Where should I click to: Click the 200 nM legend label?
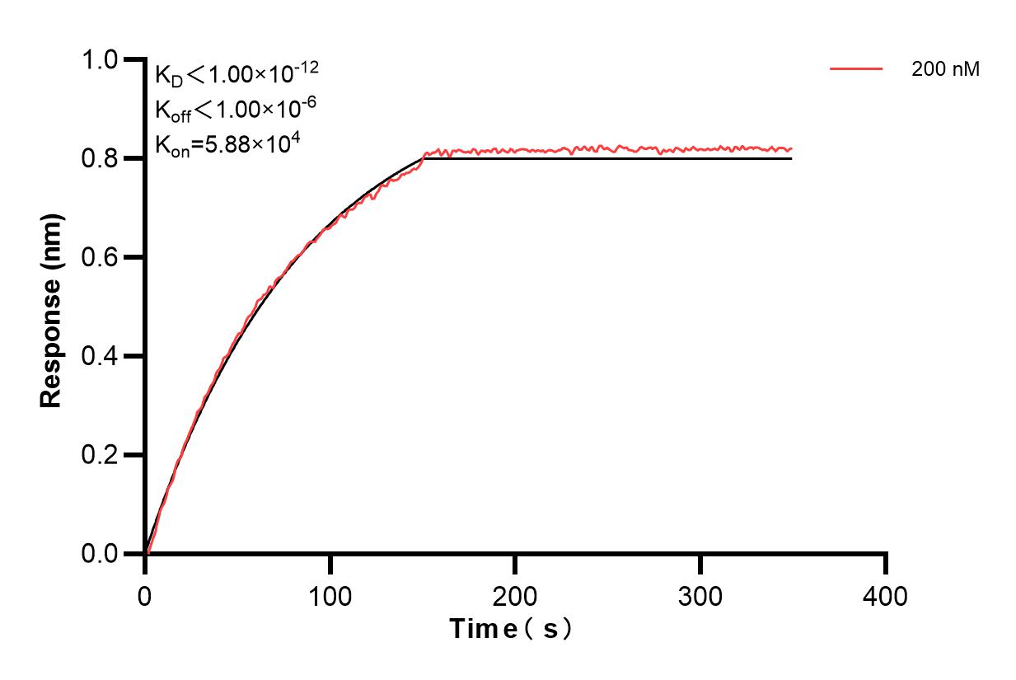coord(945,70)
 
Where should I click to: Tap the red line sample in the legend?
coord(856,70)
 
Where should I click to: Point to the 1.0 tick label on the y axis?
coord(100,59)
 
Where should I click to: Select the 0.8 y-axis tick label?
coord(100,158)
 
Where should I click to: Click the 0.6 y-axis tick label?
coord(100,257)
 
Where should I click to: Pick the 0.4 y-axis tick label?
coord(100,356)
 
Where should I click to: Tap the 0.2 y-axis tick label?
coord(100,455)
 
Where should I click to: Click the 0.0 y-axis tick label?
coord(100,554)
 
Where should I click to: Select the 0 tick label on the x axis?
coord(145,594)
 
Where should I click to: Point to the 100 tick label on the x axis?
coord(330,594)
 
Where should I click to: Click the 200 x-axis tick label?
coord(515,594)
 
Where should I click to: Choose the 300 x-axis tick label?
coord(700,594)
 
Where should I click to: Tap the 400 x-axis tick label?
coord(886,594)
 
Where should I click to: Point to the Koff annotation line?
coord(236,109)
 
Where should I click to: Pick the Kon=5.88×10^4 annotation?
coord(227,143)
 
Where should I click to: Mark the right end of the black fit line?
coord(792,158)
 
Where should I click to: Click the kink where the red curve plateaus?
coord(424,154)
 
